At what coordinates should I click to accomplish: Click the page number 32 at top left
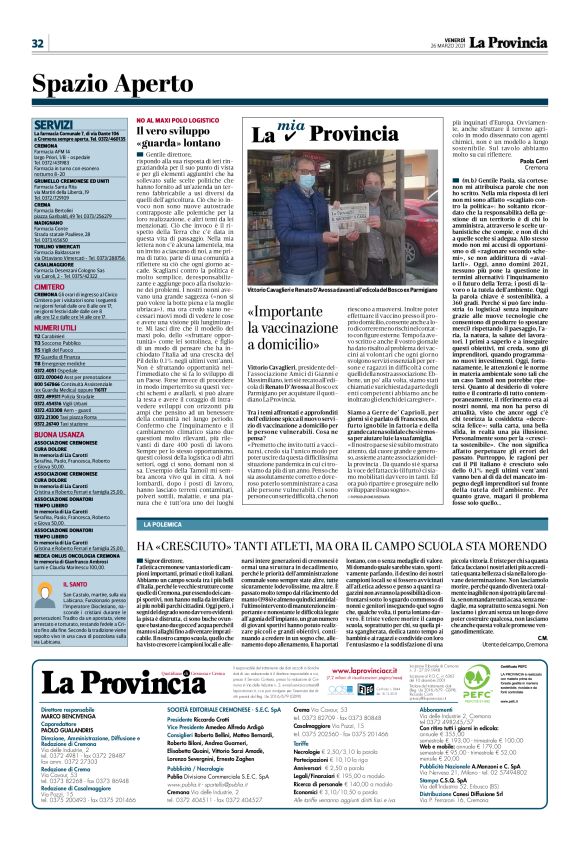[36, 43]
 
